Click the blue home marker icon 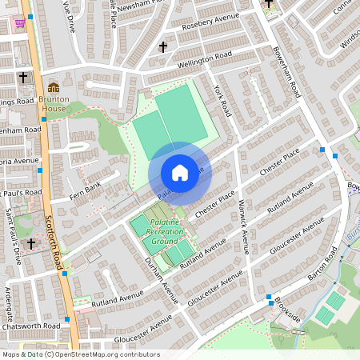click(180, 173)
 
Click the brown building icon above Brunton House click(54, 87)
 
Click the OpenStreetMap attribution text click(81, 354)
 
